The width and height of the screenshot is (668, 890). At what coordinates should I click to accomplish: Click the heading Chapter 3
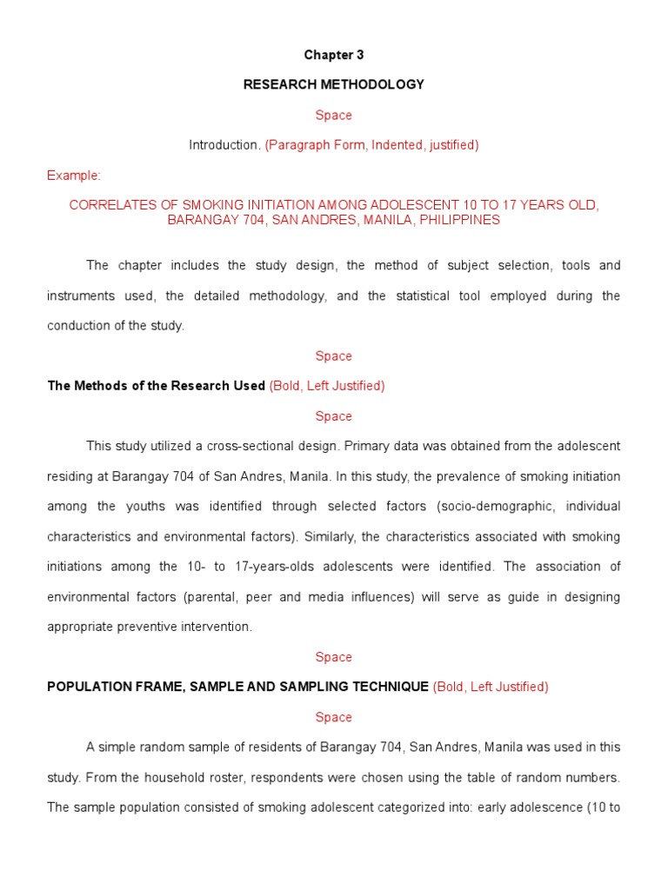(334, 55)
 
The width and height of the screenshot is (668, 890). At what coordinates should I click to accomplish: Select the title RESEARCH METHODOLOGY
(334, 84)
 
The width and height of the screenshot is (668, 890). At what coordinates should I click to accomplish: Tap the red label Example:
(74, 176)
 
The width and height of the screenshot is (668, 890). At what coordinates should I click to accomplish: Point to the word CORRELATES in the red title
(106, 205)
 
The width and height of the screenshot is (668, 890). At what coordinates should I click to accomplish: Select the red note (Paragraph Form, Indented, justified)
(371, 145)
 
